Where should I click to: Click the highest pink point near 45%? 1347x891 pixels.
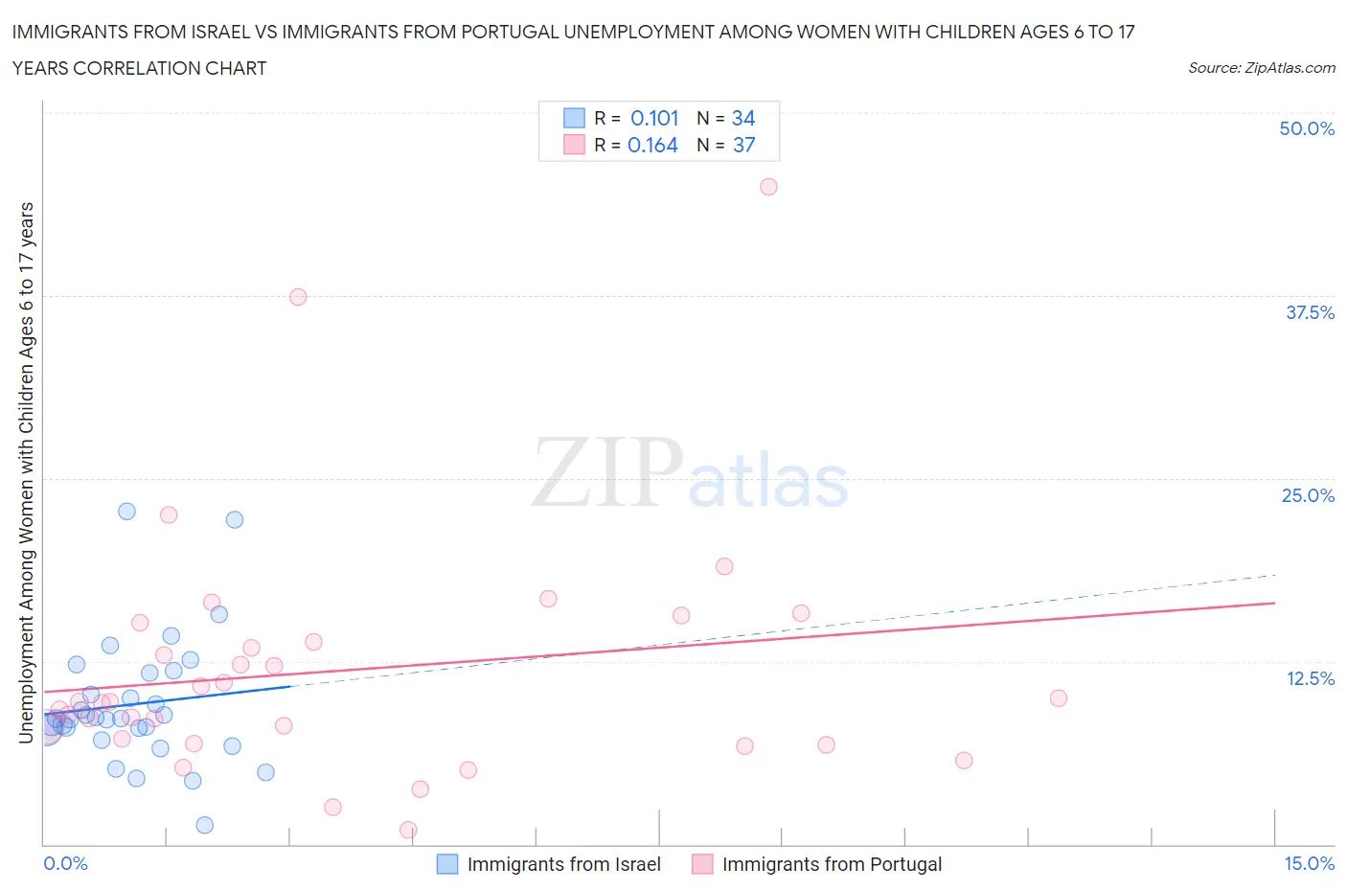coord(768,187)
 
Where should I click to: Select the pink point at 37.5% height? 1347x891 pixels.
coord(298,297)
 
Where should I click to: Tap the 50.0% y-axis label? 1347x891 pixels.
coord(1307,128)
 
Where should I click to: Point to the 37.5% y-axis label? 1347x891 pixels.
coord(1310,312)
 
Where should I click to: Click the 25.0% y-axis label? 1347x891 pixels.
coord(1308,495)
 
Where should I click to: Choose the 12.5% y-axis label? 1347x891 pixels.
coord(1310,678)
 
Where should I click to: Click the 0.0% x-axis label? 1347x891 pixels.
coord(66,863)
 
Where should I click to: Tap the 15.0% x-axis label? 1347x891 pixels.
coord(1309,863)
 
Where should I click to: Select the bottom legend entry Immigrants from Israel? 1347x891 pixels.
coord(563,864)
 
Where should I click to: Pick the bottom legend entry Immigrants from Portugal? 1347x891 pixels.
coord(832,864)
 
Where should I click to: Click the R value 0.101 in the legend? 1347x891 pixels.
coord(654,118)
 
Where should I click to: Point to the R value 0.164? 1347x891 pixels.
coord(652,145)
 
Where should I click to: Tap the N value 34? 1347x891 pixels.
coord(743,118)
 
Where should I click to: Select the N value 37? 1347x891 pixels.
coord(743,145)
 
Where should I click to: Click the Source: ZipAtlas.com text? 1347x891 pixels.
coord(1261,67)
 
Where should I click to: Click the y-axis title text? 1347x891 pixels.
coord(26,472)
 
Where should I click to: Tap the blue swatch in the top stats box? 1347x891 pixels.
coord(574,118)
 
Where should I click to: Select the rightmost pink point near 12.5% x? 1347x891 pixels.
coord(1058,697)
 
